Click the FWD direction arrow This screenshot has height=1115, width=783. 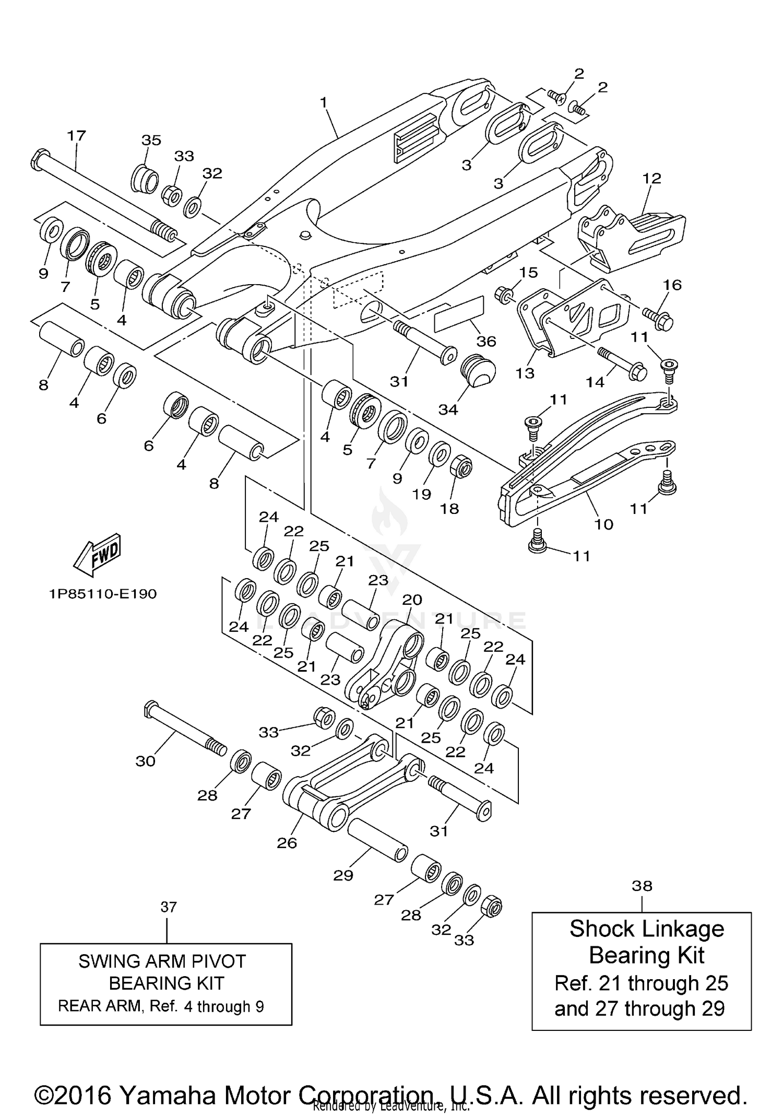[98, 555]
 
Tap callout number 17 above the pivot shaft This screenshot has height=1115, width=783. [76, 136]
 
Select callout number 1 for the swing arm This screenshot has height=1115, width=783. [324, 102]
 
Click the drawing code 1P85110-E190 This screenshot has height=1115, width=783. [103, 594]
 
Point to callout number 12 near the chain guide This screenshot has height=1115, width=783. [651, 178]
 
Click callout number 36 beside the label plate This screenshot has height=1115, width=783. [486, 341]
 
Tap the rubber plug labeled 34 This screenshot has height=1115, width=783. [477, 370]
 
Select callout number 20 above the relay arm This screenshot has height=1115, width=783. [412, 600]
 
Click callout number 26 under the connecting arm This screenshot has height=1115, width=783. [287, 842]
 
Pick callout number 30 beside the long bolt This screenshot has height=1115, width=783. [146, 761]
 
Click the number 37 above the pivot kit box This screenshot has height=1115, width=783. [169, 907]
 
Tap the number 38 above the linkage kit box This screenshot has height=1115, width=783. [642, 886]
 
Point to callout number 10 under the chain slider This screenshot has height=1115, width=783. [604, 524]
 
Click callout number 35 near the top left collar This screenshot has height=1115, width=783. [151, 140]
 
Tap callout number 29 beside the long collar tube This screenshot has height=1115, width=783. [343, 875]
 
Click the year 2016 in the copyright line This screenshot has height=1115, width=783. [84, 1080]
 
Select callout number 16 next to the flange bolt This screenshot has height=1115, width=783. [672, 285]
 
